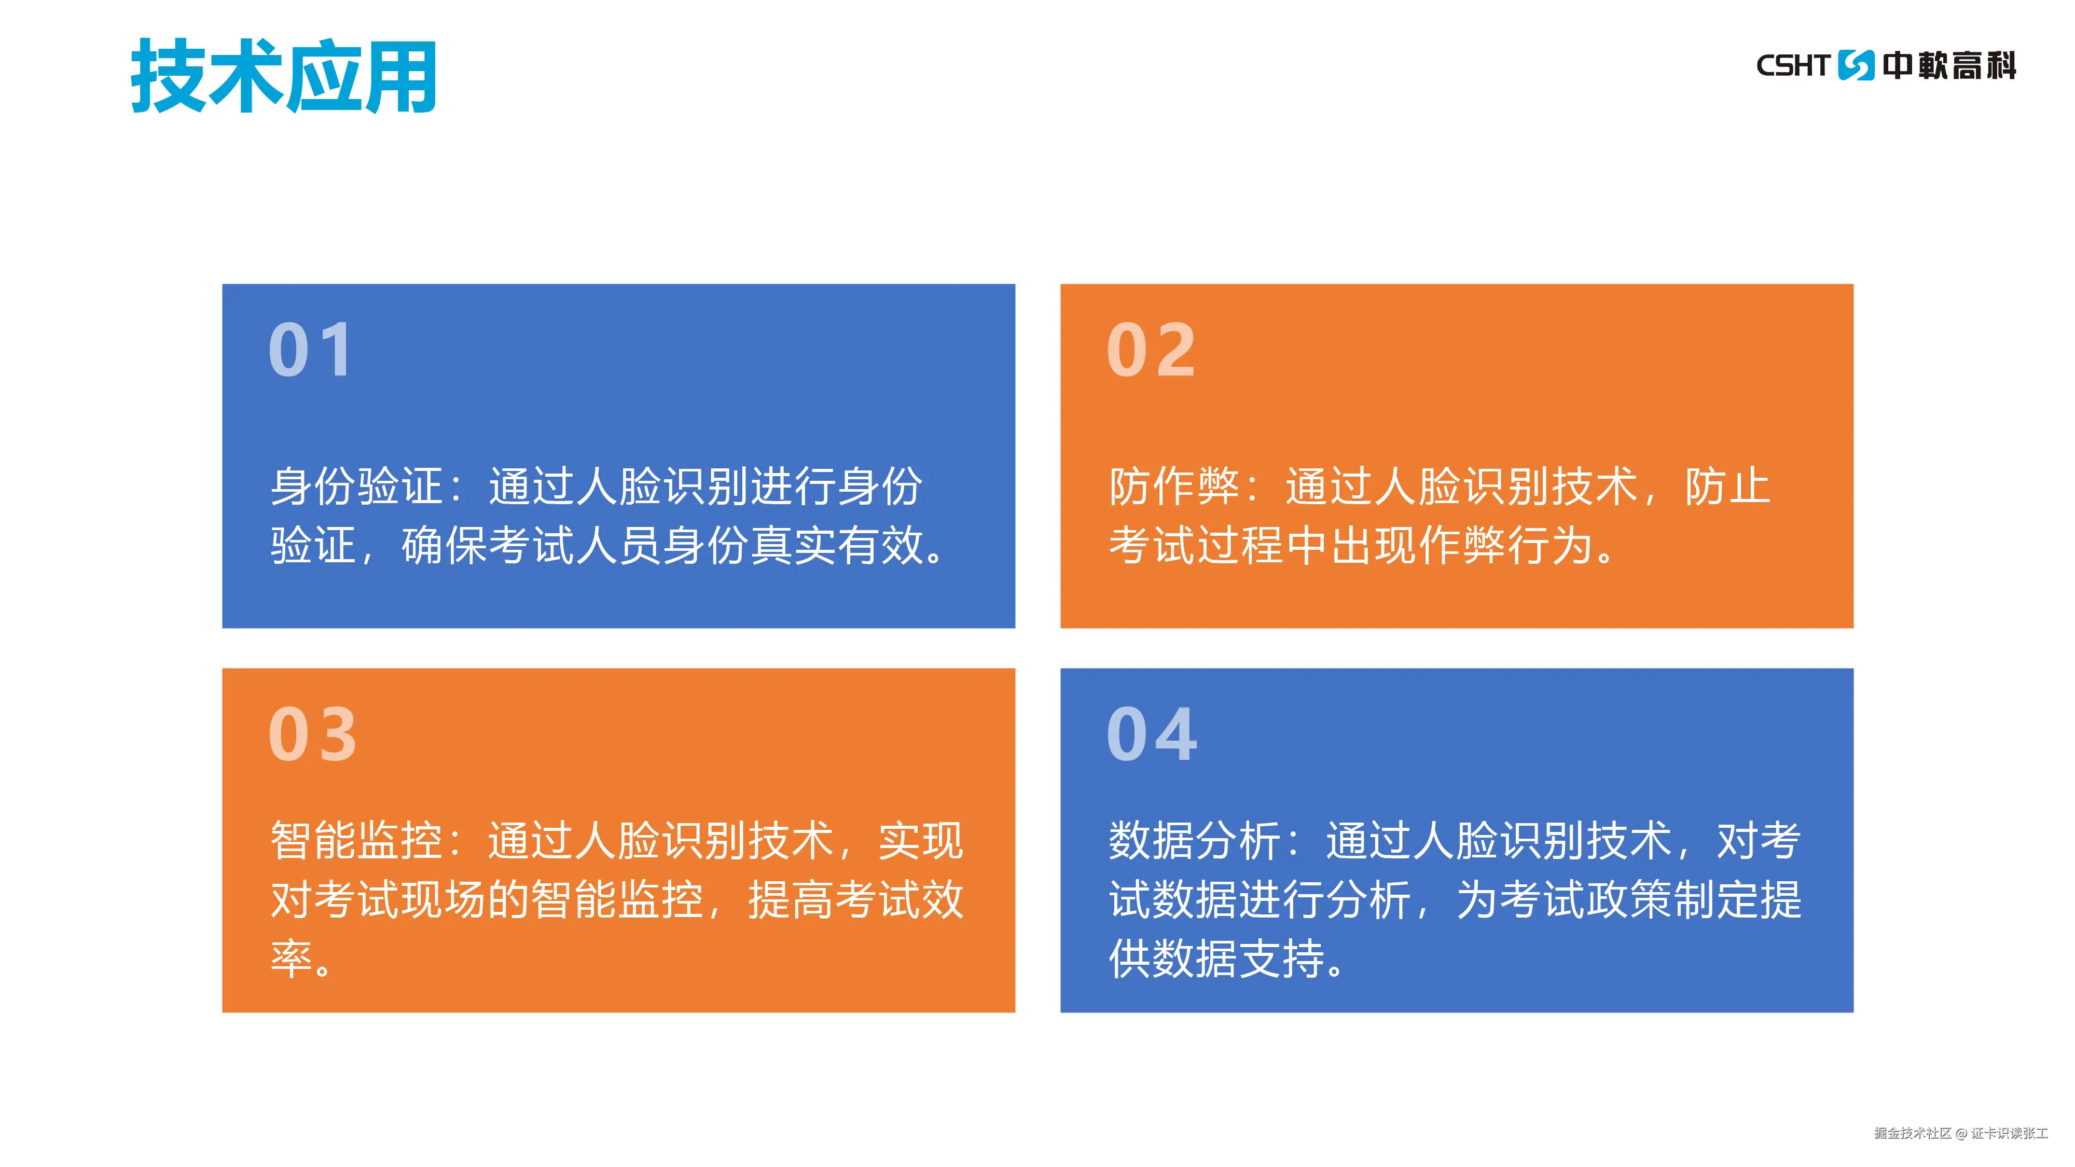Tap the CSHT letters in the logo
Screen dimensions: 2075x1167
click(1792, 65)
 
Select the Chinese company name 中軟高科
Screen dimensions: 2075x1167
click(1948, 65)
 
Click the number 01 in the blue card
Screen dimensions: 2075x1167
click(311, 350)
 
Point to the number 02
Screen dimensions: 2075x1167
click(1151, 350)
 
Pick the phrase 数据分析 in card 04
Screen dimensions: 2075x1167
click(1195, 841)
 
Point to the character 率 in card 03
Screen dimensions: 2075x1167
click(292, 958)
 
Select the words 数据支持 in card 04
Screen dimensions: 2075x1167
click(1238, 958)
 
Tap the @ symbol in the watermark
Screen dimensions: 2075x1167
click(1961, 1134)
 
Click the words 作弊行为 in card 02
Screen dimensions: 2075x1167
click(1505, 545)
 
